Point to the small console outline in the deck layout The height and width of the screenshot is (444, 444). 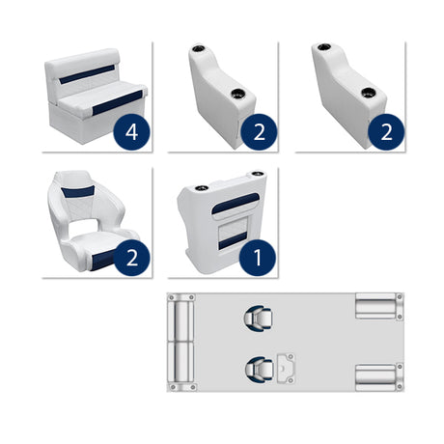286,366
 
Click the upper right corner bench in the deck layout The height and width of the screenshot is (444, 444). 375,306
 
